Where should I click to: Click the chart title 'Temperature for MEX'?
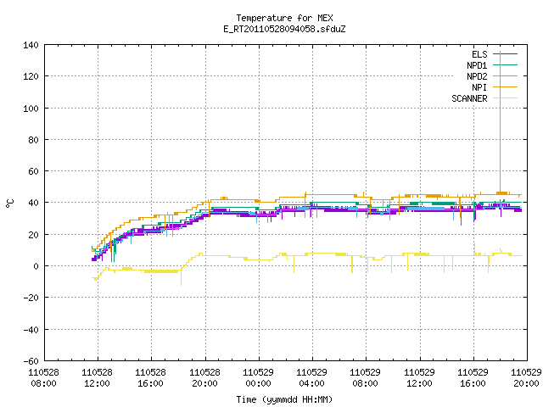284,18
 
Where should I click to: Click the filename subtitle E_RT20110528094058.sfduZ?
284,29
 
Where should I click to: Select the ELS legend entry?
494,54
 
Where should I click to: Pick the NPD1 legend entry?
492,65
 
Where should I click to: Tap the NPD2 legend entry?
492,76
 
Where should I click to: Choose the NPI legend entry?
494,87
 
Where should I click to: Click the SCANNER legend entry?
484,98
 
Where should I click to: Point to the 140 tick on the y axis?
31,45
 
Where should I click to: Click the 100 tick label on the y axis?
31,109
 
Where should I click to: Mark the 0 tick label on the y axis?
36,266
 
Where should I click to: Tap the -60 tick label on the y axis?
31,361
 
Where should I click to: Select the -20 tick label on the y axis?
31,298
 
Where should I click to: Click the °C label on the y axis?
9,203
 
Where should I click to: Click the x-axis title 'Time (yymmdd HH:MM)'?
284,399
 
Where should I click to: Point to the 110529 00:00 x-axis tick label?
258,377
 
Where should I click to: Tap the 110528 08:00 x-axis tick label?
43,377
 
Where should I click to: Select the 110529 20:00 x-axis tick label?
526,377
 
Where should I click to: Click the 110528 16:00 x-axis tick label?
151,377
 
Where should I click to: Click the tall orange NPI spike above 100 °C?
500,122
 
